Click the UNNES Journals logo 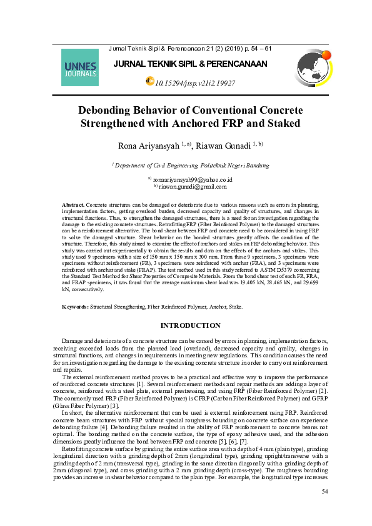(x=81, y=68)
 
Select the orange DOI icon (x=149, y=81)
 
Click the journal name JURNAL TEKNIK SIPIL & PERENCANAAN (x=190, y=64)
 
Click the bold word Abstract (x=73, y=205)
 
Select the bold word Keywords (x=76, y=307)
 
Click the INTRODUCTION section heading (x=191, y=325)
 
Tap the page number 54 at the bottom (x=324, y=492)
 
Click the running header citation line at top (x=190, y=48)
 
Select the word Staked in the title (x=281, y=123)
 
